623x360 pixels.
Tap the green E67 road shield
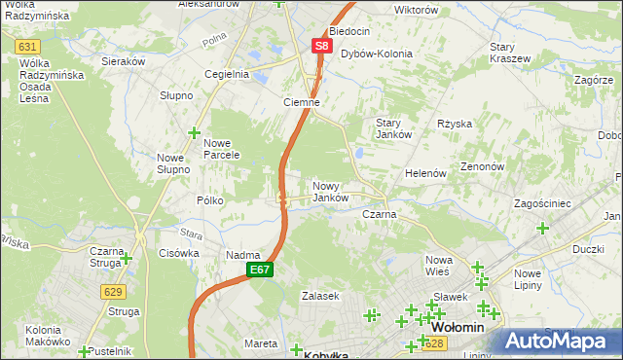point(258,270)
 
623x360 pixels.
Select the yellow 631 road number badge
point(28,47)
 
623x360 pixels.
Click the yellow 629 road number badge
point(113,291)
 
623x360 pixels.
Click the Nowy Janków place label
point(331,191)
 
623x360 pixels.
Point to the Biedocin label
point(349,31)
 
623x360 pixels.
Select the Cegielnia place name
point(226,74)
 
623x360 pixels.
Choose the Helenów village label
point(425,173)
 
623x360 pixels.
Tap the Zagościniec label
point(545,203)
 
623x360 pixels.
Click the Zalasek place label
point(319,296)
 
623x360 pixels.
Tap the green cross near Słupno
point(194,132)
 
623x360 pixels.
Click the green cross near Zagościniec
point(542,228)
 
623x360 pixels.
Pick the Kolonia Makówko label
point(35,335)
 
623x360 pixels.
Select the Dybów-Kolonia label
point(376,54)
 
